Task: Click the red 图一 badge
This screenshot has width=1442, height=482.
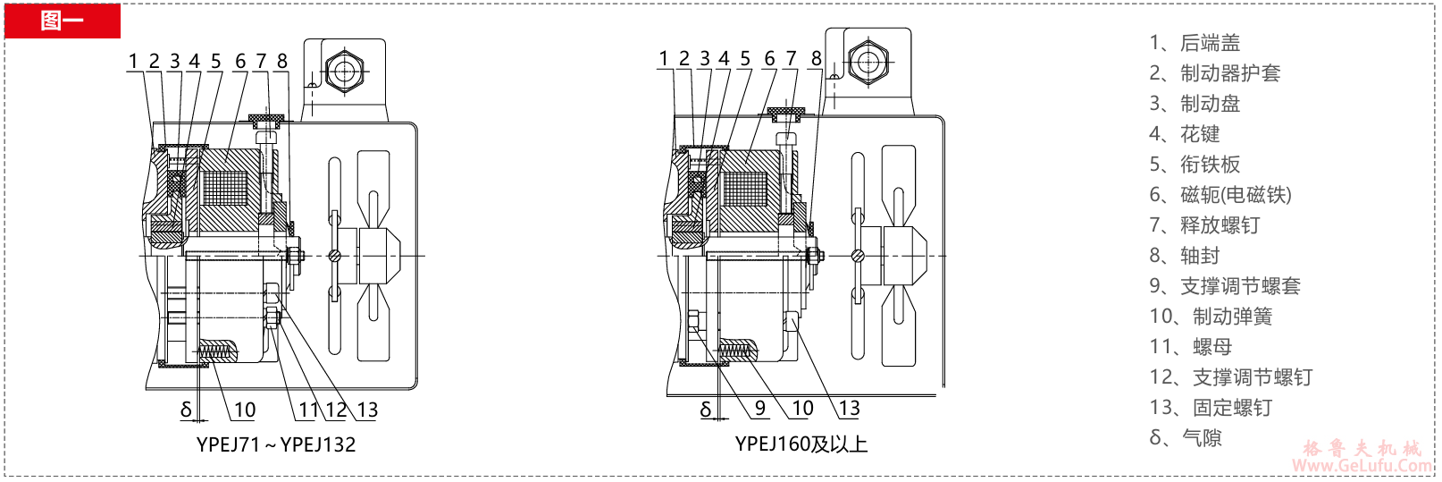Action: (62, 20)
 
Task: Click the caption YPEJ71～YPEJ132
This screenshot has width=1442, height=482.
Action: (276, 444)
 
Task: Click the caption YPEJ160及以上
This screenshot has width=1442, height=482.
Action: (801, 444)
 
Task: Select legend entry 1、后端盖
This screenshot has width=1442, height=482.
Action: (1195, 43)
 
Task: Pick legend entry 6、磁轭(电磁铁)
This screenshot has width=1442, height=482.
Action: (1220, 195)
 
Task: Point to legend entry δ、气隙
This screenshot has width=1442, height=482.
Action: (1185, 438)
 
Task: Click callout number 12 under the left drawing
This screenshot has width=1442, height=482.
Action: (336, 410)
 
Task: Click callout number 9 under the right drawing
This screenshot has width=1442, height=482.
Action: (759, 408)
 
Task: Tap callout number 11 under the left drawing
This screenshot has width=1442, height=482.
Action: (307, 410)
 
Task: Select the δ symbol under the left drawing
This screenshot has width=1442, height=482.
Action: (186, 410)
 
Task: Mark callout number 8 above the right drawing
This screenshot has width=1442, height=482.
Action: (816, 58)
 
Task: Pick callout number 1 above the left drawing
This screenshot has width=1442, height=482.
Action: (133, 61)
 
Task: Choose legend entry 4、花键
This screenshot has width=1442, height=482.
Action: (1184, 134)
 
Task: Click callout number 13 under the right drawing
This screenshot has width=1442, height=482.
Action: (849, 408)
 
